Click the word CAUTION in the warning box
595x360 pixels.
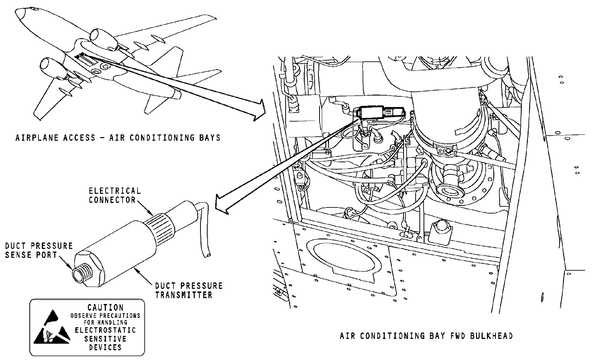(106, 308)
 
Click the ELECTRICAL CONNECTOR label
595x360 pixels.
(115, 195)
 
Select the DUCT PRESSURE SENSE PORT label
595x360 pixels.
(39, 250)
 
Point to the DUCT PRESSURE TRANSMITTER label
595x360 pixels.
(189, 290)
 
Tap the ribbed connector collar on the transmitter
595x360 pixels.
(159, 227)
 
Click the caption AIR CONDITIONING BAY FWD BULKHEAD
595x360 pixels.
(426, 336)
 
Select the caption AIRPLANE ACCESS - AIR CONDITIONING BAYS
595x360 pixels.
(118, 138)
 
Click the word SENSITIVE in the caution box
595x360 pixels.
(106, 339)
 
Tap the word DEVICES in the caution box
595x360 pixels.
(106, 348)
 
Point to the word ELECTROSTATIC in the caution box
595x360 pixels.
(106, 330)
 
